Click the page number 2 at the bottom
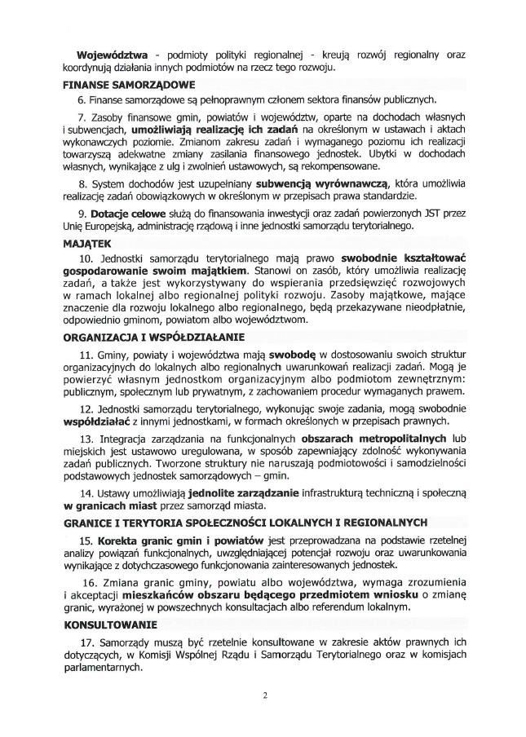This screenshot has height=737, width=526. pyautogui.click(x=265, y=695)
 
